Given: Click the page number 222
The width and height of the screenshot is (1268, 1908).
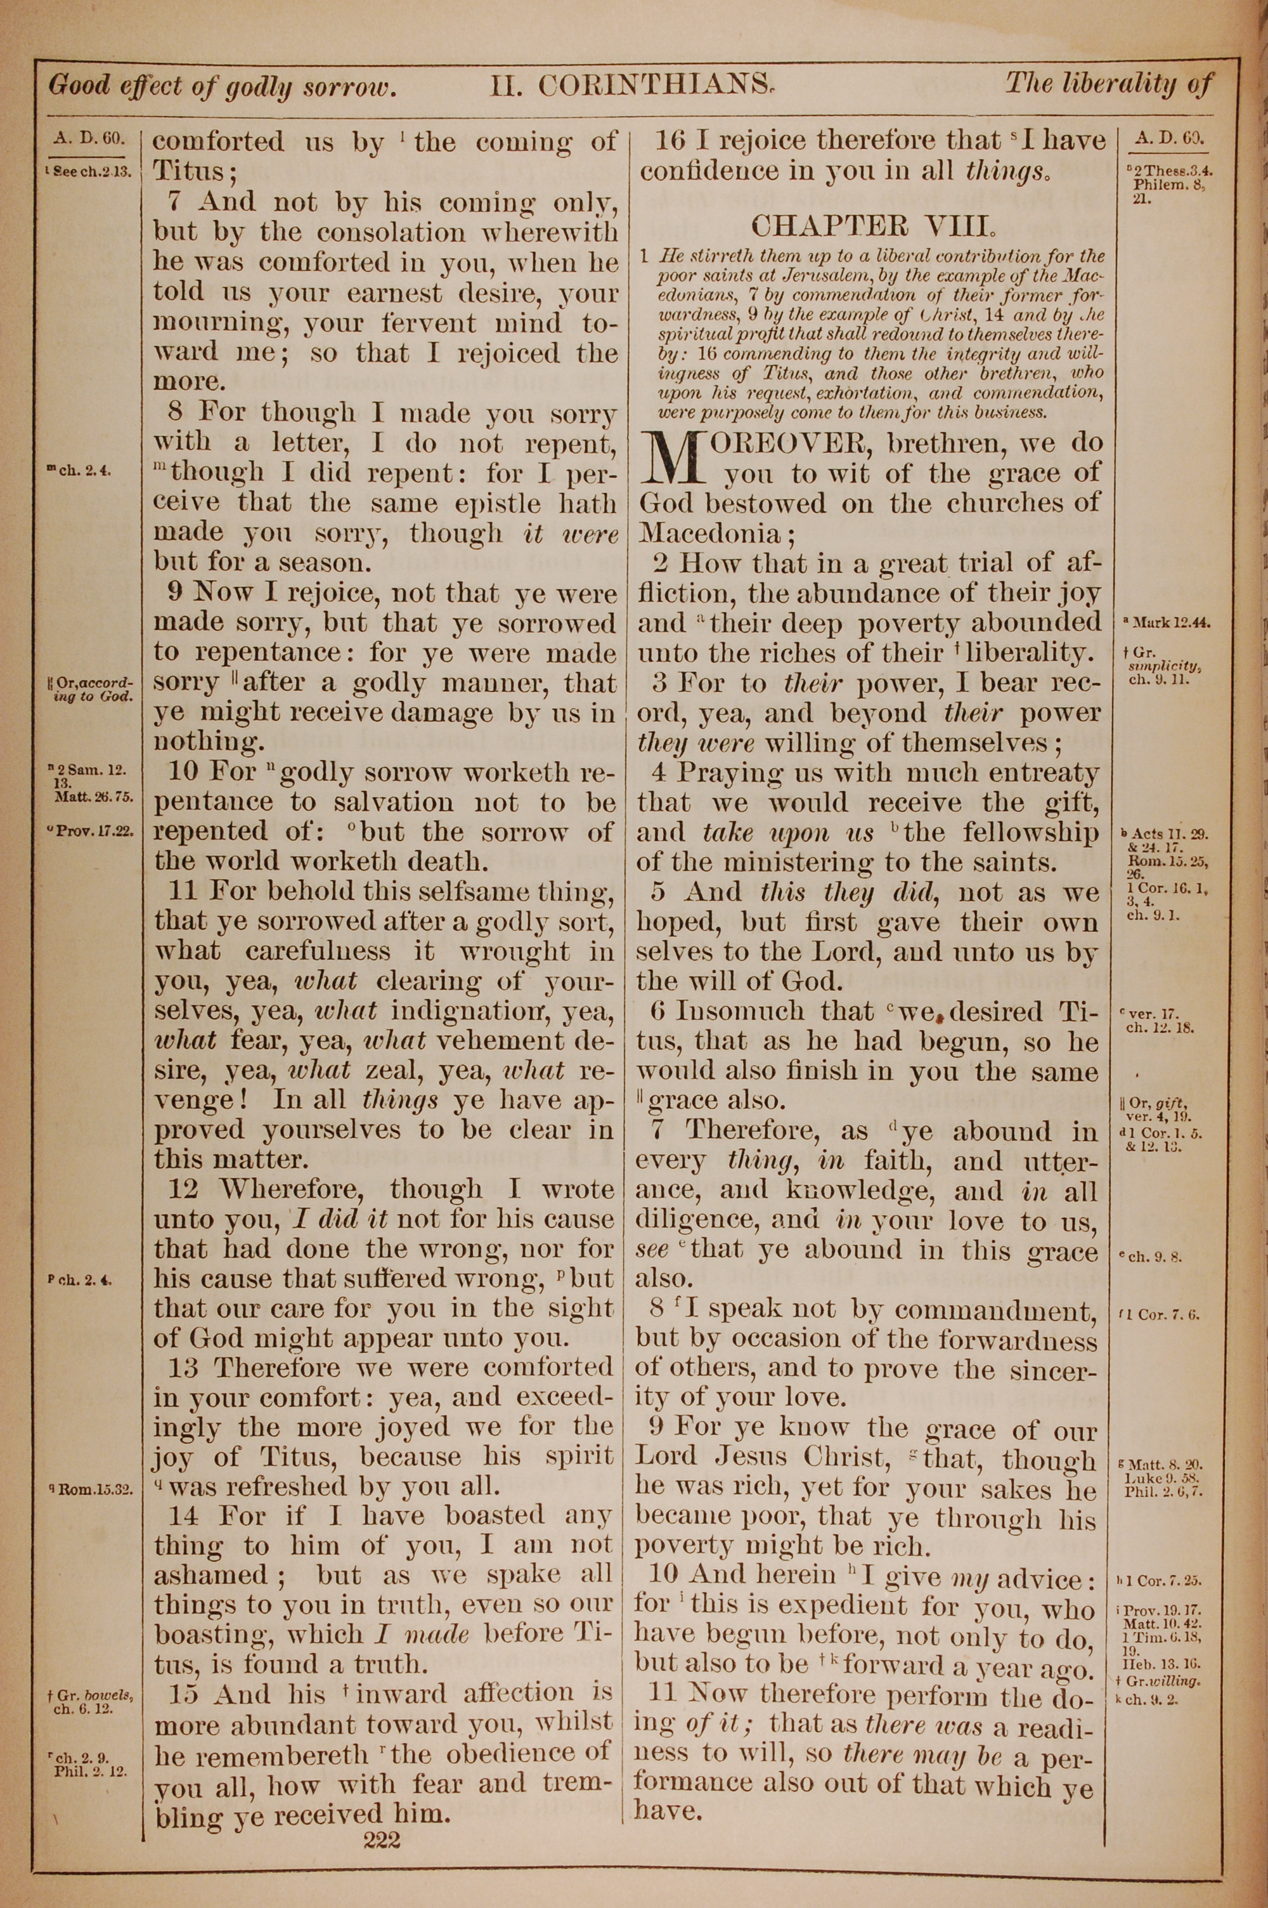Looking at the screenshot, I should tap(382, 1818).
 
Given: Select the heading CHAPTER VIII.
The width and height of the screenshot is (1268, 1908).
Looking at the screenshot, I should tap(871, 224).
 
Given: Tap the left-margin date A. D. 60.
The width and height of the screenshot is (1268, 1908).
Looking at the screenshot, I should tap(88, 138).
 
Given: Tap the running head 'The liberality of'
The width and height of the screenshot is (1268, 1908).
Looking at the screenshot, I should tap(1109, 84).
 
